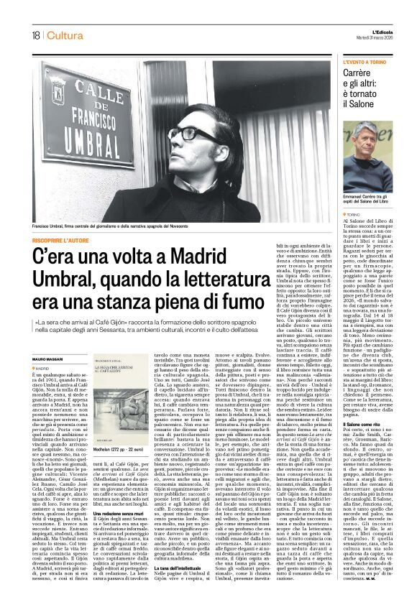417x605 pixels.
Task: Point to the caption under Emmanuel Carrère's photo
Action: point(367,200)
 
